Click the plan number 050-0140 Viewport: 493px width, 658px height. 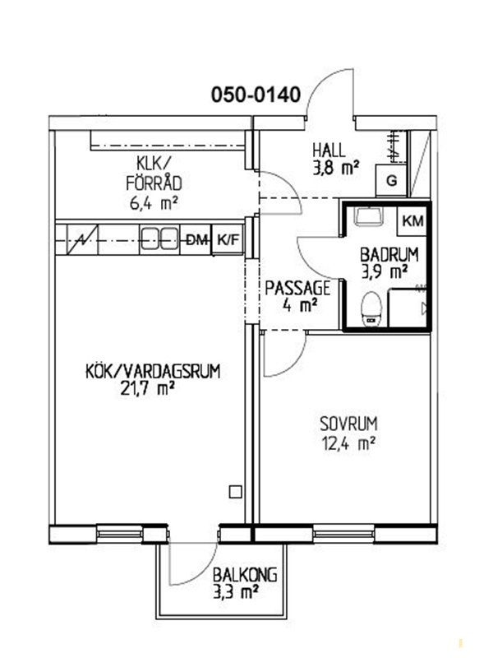pos(256,95)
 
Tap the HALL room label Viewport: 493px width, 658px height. pos(329,151)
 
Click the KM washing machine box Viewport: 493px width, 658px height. pos(413,221)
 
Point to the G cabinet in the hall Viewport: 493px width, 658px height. pos(392,181)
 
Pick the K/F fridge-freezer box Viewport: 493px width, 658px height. pos(228,240)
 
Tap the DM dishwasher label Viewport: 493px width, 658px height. pos(196,240)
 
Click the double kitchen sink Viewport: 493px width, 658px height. pos(159,239)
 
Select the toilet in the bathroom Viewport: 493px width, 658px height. pos(371,308)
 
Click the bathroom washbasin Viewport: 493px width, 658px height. pos(367,215)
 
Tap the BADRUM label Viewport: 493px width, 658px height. pos(389,255)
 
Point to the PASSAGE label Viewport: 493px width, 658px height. pos(297,289)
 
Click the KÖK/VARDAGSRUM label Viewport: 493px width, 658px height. pos(153,372)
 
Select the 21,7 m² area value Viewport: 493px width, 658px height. pos(147,389)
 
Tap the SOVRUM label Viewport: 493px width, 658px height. pos(348,424)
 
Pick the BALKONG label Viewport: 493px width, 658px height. pos(245,574)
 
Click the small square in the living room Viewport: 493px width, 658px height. pos(236,492)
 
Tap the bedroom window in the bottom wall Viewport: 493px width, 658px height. pos(343,533)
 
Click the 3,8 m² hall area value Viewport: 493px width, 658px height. pos(336,169)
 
